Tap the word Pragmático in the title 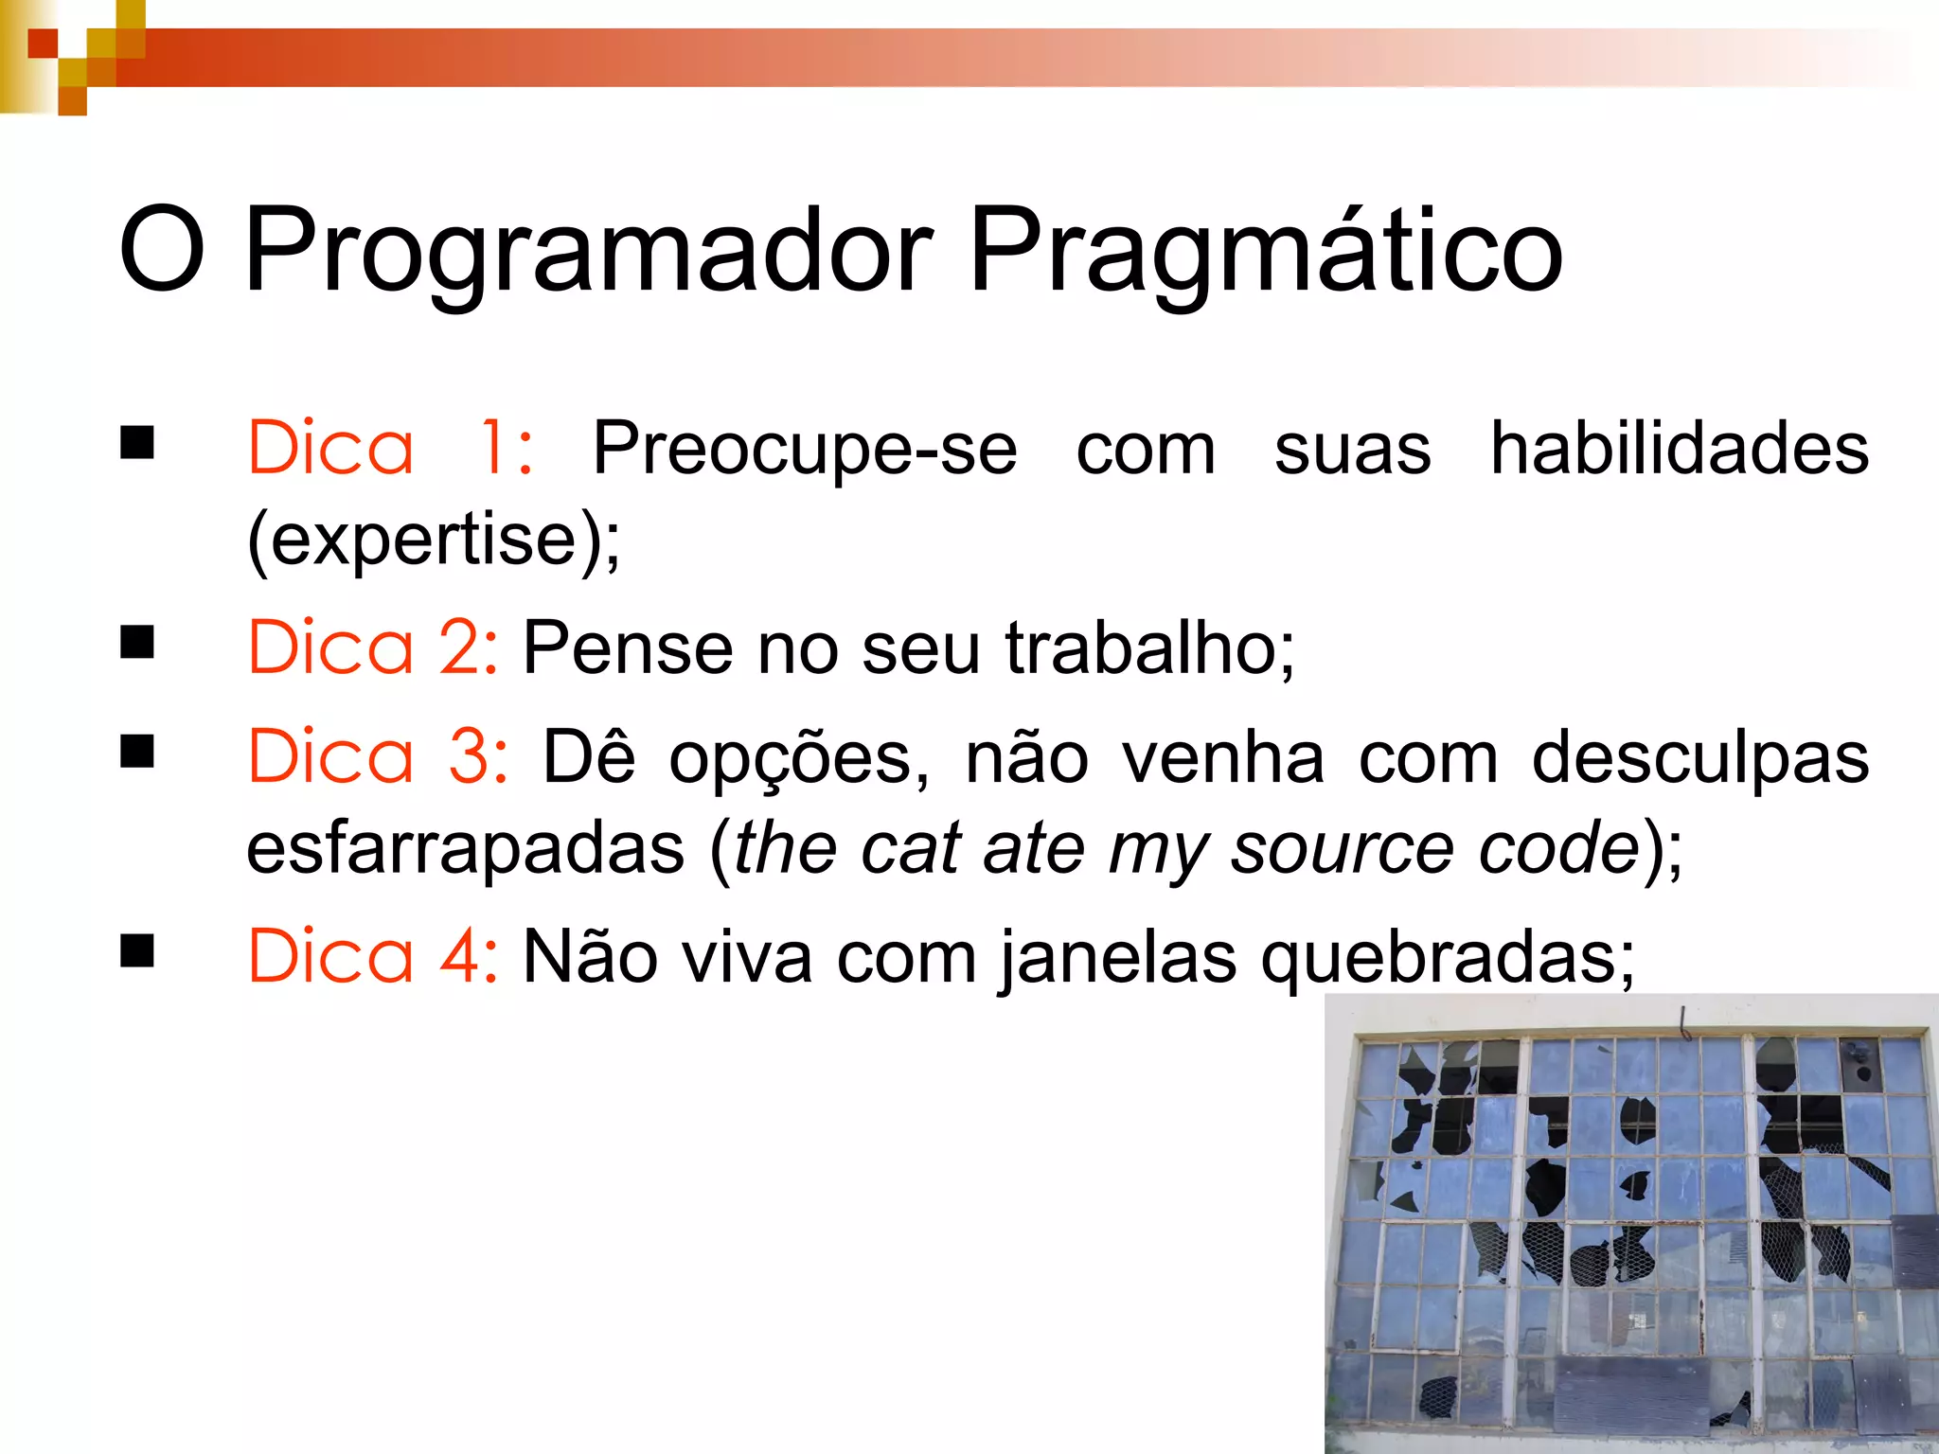point(1265,251)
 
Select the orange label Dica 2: point(372,647)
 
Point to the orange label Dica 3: point(378,757)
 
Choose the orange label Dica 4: point(372,957)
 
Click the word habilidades point(1680,448)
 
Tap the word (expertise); point(434,540)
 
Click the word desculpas point(1700,757)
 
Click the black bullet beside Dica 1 point(137,442)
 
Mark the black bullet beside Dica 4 point(137,950)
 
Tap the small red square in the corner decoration point(42,43)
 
